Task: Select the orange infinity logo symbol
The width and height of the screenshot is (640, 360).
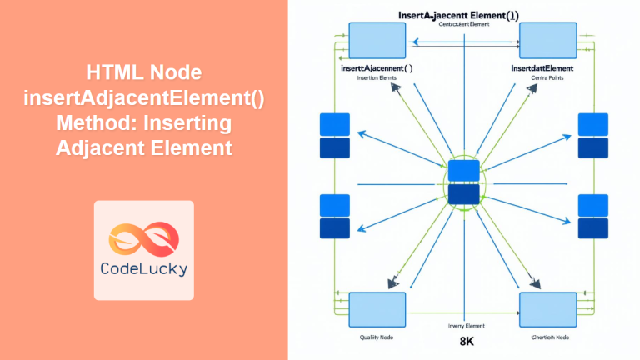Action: pyautogui.click(x=143, y=232)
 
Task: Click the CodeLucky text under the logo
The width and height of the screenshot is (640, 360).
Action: pyautogui.click(x=143, y=268)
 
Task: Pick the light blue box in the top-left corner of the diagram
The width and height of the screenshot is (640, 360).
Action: pyautogui.click(x=377, y=40)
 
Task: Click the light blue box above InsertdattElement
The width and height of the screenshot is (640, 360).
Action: pyautogui.click(x=547, y=40)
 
